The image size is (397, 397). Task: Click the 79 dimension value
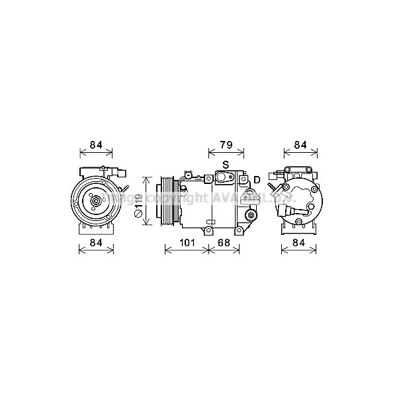225,145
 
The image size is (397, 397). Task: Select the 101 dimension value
187,243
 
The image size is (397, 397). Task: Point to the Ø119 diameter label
139,202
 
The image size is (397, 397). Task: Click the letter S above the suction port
225,164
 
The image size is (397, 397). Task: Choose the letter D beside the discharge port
257,179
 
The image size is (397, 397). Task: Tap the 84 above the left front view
97,145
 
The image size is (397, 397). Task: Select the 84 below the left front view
97,243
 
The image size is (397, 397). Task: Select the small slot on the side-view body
210,221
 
